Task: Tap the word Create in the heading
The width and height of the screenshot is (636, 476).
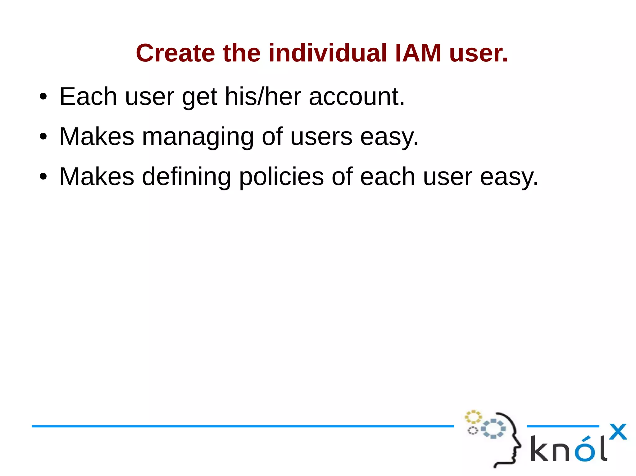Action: [x=175, y=53]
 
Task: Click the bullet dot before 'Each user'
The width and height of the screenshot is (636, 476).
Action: [x=43, y=97]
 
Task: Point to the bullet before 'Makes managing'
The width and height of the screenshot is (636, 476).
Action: [x=43, y=137]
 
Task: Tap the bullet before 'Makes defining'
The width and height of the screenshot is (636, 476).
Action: [x=43, y=177]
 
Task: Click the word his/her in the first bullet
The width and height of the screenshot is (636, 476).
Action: [x=263, y=97]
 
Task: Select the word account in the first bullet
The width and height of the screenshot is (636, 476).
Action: [x=357, y=97]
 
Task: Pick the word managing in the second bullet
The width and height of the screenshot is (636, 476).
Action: [x=198, y=137]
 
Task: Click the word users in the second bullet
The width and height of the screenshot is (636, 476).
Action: [x=321, y=137]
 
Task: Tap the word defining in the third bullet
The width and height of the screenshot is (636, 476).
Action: [x=186, y=177]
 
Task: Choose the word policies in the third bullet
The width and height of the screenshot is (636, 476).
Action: [x=281, y=177]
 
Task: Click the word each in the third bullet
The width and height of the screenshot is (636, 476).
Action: [x=387, y=177]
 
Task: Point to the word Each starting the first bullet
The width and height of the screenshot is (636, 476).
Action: [x=88, y=97]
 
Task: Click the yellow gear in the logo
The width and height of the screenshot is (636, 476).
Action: [x=473, y=417]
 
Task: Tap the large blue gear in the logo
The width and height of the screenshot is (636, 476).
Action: [x=493, y=429]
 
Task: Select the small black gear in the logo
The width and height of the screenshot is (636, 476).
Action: [x=473, y=431]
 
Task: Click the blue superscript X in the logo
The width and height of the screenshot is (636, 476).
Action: [x=618, y=432]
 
